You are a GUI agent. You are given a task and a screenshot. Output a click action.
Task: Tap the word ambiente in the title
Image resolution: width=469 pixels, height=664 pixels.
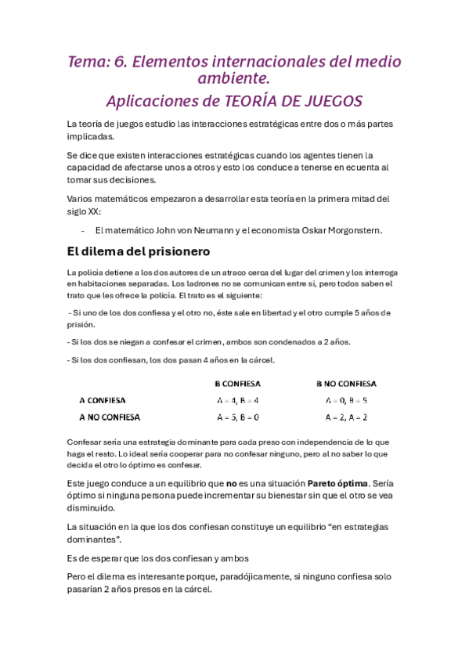click(233, 78)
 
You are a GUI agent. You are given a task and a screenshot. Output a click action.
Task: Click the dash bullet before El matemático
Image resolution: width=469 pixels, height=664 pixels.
click(83, 230)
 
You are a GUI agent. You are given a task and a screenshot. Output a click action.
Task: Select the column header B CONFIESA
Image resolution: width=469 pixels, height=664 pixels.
click(237, 384)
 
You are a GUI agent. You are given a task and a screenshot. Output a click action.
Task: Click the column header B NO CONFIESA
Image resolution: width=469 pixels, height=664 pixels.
click(346, 384)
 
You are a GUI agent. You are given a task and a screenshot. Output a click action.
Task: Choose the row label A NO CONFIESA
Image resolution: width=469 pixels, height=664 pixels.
click(110, 417)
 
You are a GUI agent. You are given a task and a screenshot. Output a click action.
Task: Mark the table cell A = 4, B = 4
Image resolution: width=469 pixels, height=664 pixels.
click(237, 400)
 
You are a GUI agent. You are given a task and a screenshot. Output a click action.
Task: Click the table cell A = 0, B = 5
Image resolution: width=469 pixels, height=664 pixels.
click(346, 400)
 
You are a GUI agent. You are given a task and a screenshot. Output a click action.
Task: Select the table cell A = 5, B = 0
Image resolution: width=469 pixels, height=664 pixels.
click(237, 417)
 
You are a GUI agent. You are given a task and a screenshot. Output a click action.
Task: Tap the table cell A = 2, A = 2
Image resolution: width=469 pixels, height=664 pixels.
click(346, 417)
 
